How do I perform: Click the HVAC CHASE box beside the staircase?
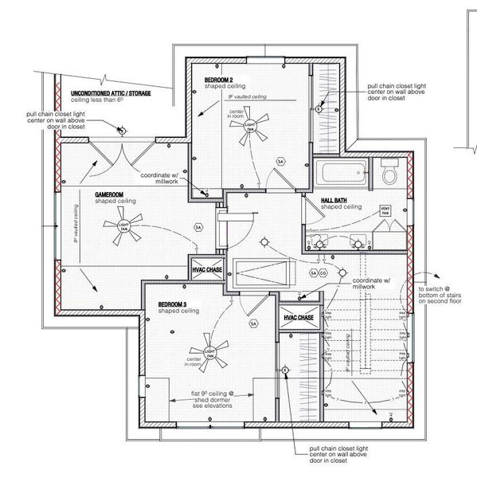[x=296, y=316]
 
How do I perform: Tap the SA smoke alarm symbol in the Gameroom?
[x=197, y=227]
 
